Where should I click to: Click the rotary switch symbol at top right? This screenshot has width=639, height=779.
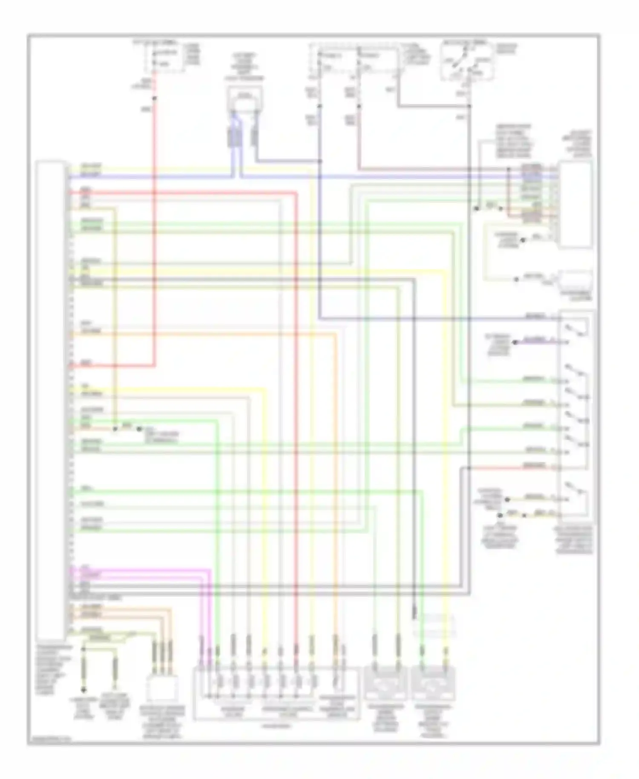(x=467, y=63)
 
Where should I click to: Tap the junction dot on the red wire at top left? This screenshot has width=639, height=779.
(x=155, y=98)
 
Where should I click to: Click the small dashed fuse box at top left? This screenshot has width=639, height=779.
(x=164, y=59)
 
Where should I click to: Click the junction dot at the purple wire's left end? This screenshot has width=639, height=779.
(x=514, y=342)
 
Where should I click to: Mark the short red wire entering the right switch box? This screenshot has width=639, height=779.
(x=511, y=468)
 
